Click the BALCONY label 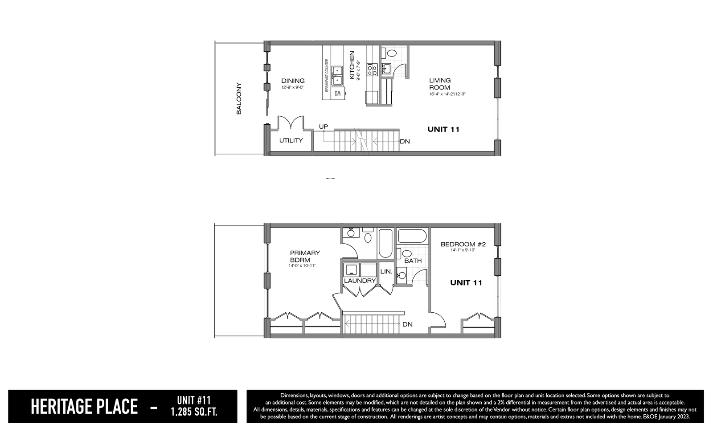click(239, 98)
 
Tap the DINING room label click(293, 81)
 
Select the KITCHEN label click(352, 65)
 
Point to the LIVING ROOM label click(440, 84)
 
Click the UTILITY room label click(291, 140)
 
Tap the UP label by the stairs click(324, 127)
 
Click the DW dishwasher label click(338, 94)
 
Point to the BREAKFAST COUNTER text click(327, 75)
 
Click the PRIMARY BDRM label click(305, 256)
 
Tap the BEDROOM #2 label click(463, 244)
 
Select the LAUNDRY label click(360, 281)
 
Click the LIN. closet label click(386, 272)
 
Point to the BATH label click(413, 261)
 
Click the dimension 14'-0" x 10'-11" click(302, 266)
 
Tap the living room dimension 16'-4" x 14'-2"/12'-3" click(447, 94)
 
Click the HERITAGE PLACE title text click(84, 407)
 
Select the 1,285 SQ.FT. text click(194, 413)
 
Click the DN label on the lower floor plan click(407, 324)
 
